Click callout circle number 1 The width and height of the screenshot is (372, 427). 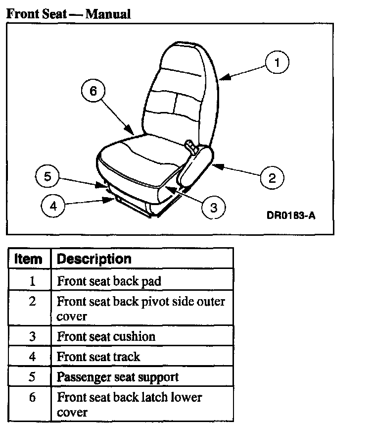click(277, 63)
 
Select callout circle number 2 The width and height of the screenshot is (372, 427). click(272, 178)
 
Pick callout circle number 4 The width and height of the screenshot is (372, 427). click(53, 206)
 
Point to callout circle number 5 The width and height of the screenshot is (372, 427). click(47, 177)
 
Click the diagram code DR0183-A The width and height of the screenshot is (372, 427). click(290, 215)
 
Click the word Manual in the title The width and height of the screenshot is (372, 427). click(108, 14)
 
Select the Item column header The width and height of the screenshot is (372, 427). click(29, 259)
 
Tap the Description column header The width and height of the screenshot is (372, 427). click(94, 259)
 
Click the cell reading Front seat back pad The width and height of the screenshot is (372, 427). click(109, 281)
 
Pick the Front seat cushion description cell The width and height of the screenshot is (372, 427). click(106, 336)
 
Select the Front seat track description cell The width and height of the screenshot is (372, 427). click(99, 357)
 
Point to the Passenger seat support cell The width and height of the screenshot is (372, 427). click(118, 377)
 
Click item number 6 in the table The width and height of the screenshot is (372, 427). click(32, 397)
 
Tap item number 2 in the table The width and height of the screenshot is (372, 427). click(32, 301)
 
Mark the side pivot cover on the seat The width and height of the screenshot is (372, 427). click(197, 168)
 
